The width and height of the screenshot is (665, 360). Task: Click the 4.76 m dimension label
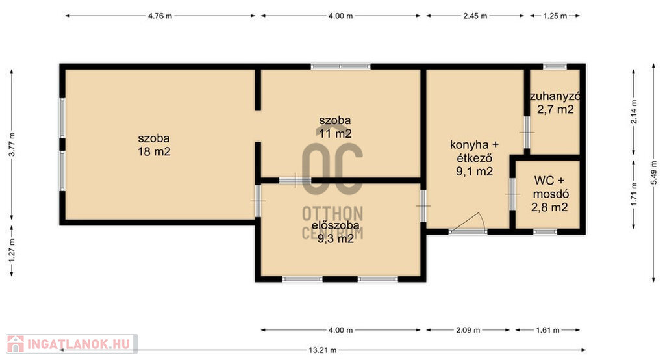click(x=160, y=16)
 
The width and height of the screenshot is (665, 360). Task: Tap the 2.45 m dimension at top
click(x=475, y=16)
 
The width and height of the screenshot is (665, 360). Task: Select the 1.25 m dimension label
click(x=555, y=16)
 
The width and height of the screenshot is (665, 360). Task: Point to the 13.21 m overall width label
click(x=322, y=350)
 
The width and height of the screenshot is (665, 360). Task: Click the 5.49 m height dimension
click(x=653, y=172)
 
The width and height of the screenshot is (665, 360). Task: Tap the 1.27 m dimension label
click(x=12, y=250)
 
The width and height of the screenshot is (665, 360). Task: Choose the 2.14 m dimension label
click(x=634, y=112)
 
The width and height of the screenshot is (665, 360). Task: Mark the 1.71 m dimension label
click(x=634, y=194)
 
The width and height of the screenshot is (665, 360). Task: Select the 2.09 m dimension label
click(x=468, y=330)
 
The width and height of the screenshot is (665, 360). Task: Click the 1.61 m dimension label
click(x=547, y=330)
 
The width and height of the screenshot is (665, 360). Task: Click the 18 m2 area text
click(x=154, y=151)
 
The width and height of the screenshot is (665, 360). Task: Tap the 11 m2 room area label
click(x=335, y=134)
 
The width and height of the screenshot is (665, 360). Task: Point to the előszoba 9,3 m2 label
click(x=336, y=232)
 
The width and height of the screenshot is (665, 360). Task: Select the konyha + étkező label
click(x=474, y=151)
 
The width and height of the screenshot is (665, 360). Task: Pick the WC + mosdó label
click(x=551, y=187)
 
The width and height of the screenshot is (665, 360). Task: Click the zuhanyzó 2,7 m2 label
click(x=555, y=103)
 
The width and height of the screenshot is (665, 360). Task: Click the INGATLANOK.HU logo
click(x=71, y=344)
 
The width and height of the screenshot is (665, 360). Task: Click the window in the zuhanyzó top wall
click(x=555, y=67)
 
